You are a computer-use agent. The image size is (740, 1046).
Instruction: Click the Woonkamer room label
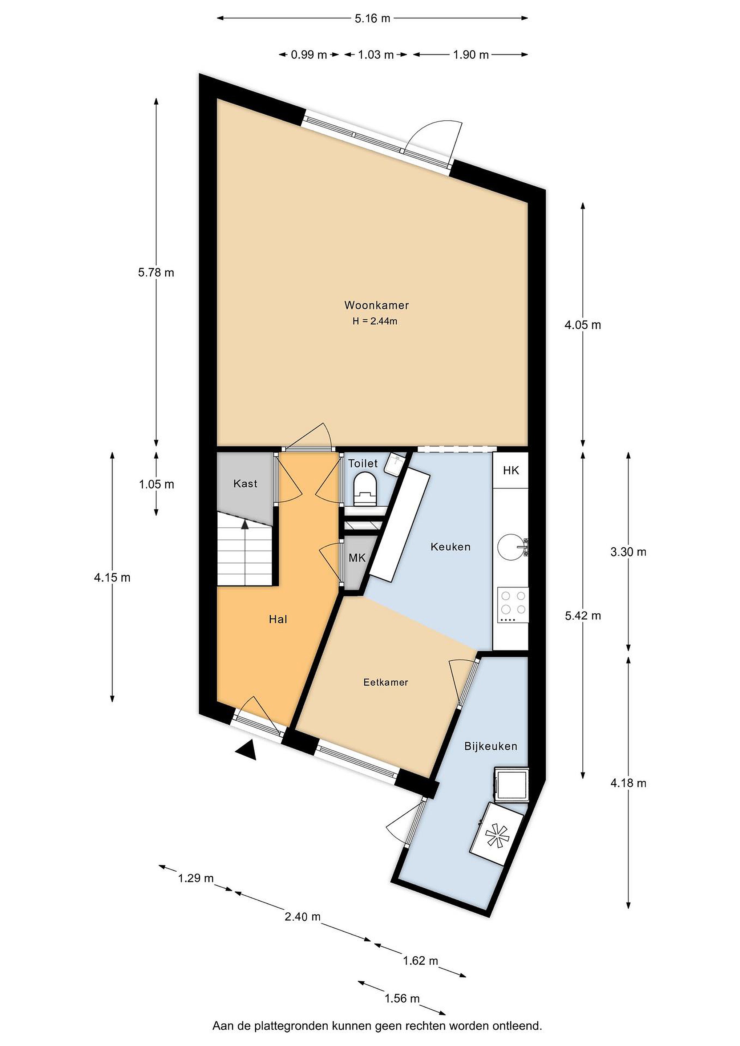click(x=376, y=305)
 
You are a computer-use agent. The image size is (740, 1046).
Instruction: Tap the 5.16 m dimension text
click(x=372, y=18)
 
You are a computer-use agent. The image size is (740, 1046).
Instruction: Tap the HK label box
click(x=511, y=470)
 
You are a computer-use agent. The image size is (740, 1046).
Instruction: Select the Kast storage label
click(x=245, y=483)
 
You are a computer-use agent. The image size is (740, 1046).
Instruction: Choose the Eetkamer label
click(x=385, y=682)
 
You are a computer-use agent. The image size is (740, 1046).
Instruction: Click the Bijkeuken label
click(x=491, y=746)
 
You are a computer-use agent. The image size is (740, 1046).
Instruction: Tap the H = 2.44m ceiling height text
click(x=375, y=321)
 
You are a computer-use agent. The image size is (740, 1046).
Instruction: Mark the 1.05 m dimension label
click(x=156, y=484)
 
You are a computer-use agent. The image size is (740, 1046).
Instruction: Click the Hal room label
click(x=278, y=619)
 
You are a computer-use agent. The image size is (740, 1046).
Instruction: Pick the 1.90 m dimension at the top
click(x=471, y=55)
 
